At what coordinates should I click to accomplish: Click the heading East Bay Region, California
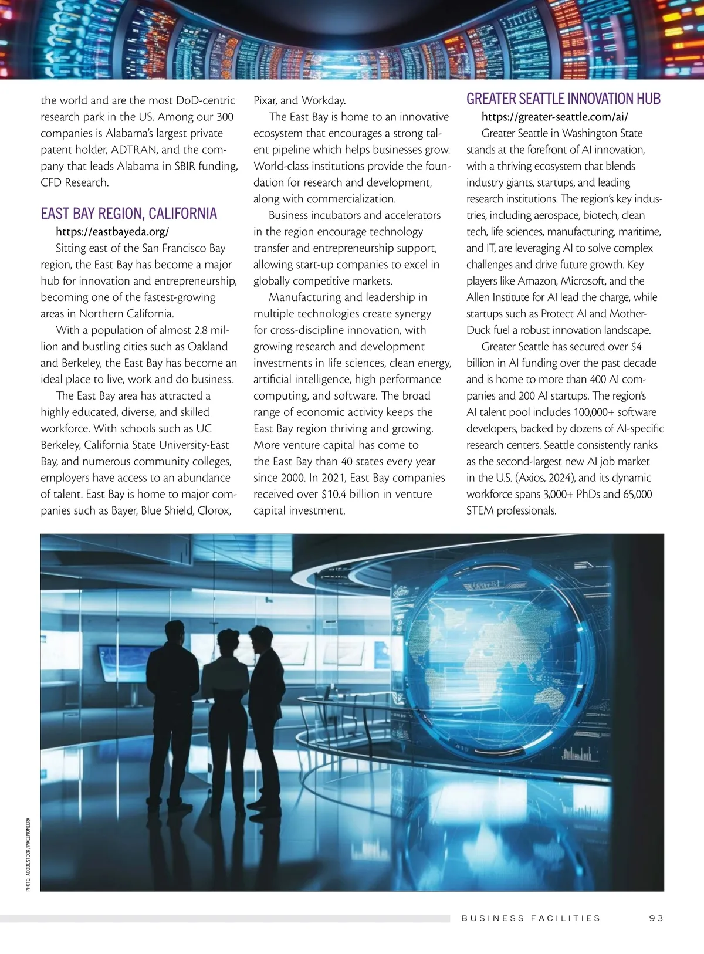[128, 213]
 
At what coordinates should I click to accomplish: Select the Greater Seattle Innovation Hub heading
[563, 99]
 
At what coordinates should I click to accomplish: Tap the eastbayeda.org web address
[112, 232]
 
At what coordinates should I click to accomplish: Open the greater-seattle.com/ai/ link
[554, 117]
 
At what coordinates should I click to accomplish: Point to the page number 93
[656, 918]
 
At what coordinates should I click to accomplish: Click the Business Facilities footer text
[531, 918]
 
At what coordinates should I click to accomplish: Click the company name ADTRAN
[134, 150]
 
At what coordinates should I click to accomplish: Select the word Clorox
[214, 510]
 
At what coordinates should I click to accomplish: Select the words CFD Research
[75, 182]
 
